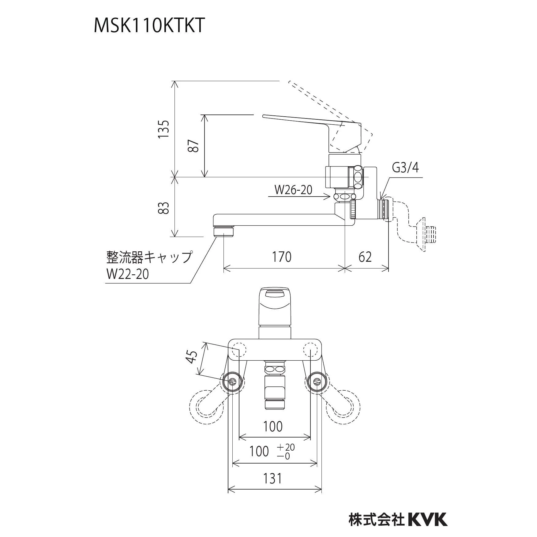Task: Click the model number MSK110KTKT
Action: (x=149, y=25)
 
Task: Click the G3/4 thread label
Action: (x=405, y=167)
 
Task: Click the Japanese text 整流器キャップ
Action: (x=149, y=257)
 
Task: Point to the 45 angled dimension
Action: (x=192, y=357)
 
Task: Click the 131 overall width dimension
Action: (x=272, y=487)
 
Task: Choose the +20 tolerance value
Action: (x=286, y=447)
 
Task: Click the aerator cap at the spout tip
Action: (x=224, y=231)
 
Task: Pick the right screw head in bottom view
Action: (x=317, y=381)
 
